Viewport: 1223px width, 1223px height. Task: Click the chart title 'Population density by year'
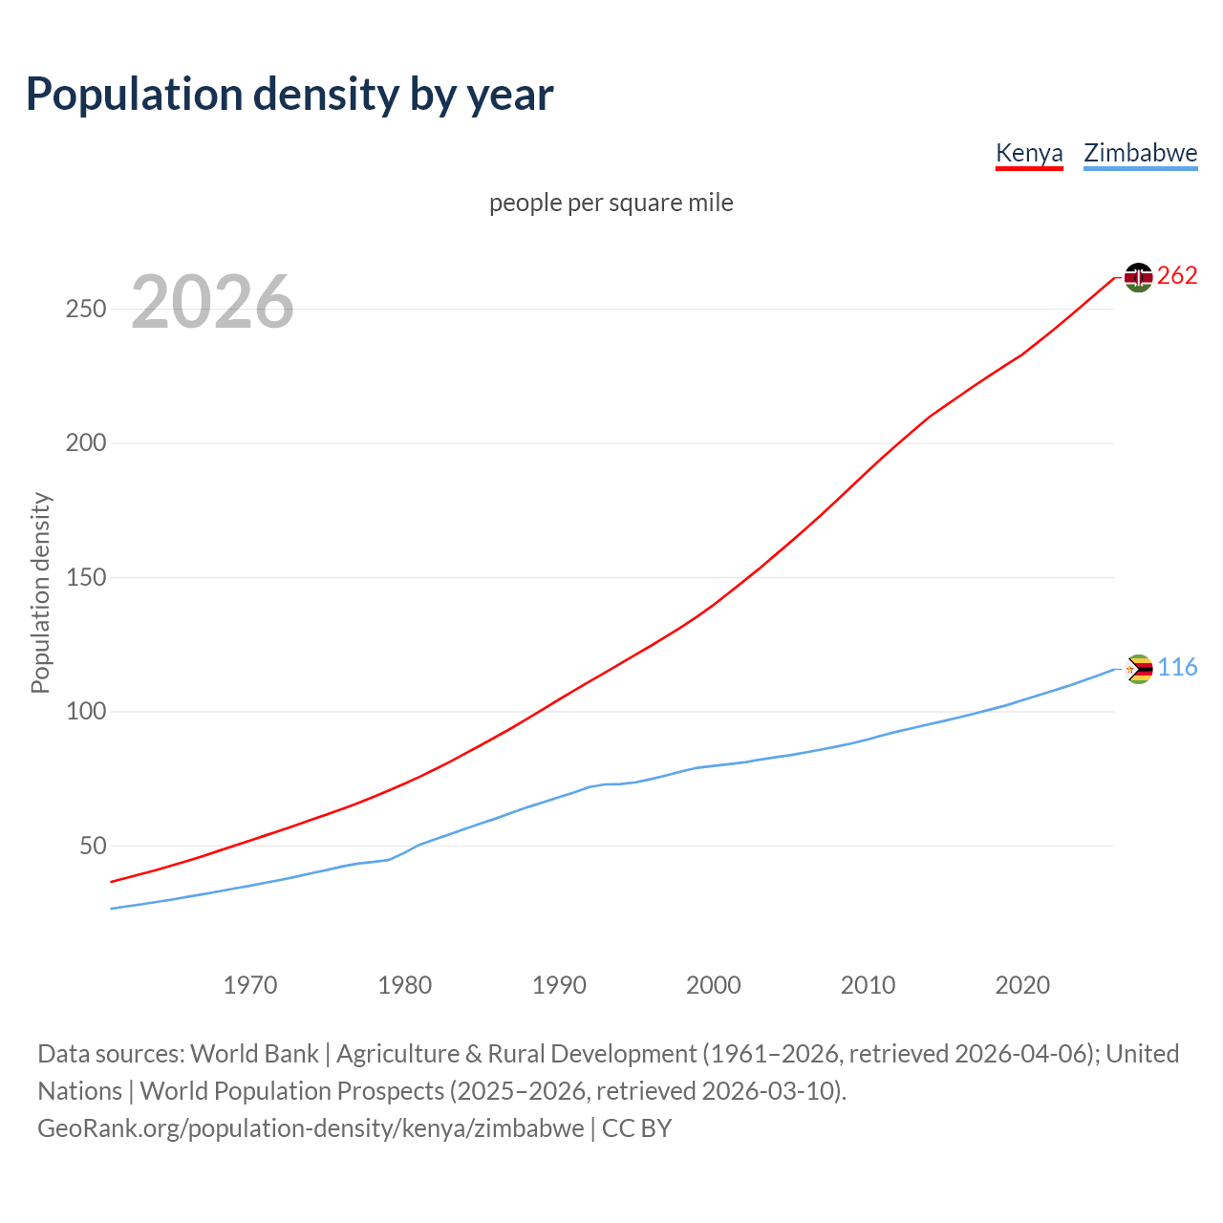tap(290, 95)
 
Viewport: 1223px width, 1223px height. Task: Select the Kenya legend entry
tap(1029, 153)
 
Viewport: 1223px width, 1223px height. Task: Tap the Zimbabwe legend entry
tap(1140, 153)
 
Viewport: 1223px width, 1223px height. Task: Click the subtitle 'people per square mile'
tap(611, 203)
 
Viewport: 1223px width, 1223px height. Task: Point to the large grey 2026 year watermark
tap(212, 302)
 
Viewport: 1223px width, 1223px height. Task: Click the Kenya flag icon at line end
tap(1138, 277)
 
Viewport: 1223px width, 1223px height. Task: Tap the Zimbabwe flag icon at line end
tap(1139, 669)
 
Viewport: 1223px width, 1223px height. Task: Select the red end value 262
tap(1177, 276)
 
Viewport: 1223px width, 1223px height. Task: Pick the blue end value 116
tap(1177, 668)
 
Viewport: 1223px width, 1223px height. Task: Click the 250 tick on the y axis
tap(86, 310)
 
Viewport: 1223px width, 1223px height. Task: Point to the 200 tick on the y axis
tap(86, 443)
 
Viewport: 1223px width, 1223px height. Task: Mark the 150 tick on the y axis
tap(86, 578)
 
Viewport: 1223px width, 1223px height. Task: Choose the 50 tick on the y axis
tap(93, 847)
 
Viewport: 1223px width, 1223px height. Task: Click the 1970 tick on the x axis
tap(250, 985)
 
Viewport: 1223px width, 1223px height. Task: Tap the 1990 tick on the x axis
tap(559, 985)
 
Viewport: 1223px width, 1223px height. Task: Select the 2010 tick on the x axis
tap(868, 985)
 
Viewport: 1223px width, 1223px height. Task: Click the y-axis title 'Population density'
tap(40, 592)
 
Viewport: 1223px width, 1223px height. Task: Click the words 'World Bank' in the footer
tap(254, 1054)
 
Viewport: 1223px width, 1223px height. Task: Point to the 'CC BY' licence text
tap(636, 1128)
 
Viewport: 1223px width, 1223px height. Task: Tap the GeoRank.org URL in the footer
tap(311, 1128)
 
